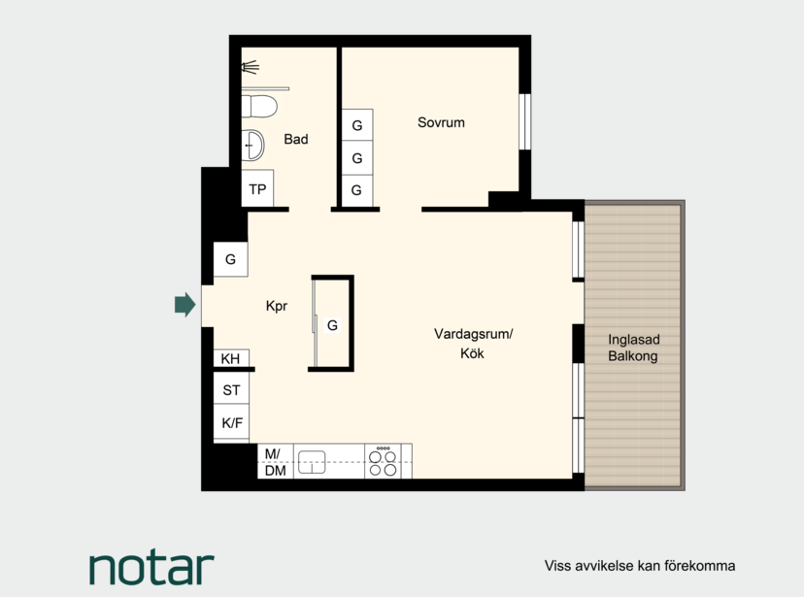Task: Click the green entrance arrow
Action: (x=185, y=305)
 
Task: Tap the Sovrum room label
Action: (x=441, y=122)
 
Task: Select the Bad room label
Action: (x=296, y=139)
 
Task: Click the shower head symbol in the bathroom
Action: (x=250, y=67)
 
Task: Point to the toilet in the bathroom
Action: (x=259, y=106)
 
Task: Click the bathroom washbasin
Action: (x=252, y=145)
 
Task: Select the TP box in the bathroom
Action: (x=257, y=188)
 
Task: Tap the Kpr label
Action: (x=277, y=306)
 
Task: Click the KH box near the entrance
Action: (x=231, y=358)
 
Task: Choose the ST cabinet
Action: (x=231, y=389)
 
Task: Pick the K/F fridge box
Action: (x=231, y=422)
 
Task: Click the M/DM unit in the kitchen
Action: (x=276, y=461)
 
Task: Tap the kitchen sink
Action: (x=312, y=461)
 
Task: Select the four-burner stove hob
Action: (x=383, y=461)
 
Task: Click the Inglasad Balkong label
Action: (x=634, y=348)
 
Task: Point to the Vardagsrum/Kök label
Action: (x=473, y=344)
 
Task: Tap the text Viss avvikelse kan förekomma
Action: (x=640, y=566)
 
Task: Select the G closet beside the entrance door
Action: (x=231, y=259)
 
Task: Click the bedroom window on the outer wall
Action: (x=524, y=121)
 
